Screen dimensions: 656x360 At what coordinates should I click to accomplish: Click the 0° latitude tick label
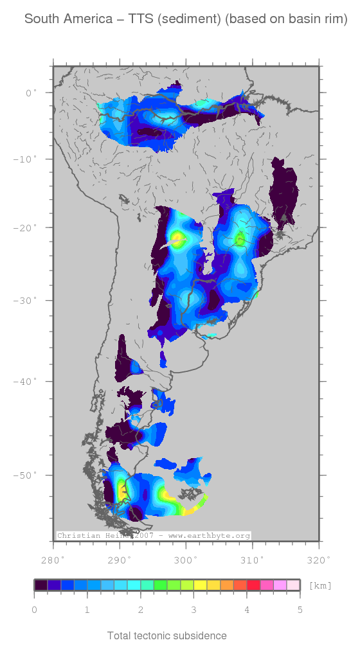[x=32, y=93]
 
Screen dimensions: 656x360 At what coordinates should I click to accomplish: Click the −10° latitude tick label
[x=28, y=159]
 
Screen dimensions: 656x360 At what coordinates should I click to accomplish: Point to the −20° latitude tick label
[x=28, y=227]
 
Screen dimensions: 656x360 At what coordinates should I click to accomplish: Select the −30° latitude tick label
[x=28, y=300]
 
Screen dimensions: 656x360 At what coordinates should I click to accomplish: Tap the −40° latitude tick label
[x=28, y=382]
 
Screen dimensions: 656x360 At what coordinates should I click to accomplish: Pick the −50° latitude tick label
[x=28, y=475]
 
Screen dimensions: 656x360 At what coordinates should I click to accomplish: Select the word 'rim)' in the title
[x=335, y=20]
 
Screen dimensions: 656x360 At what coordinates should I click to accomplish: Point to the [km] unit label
[x=320, y=585]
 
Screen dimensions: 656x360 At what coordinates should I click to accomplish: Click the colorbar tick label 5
[x=300, y=609]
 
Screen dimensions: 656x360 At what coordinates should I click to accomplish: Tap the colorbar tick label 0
[x=34, y=609]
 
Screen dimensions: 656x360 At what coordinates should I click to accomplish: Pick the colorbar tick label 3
[x=194, y=609]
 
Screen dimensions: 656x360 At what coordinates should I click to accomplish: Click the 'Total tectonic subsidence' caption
[x=167, y=636]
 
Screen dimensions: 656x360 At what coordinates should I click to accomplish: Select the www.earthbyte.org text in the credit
[x=209, y=535]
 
